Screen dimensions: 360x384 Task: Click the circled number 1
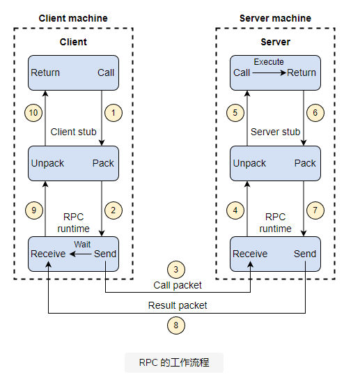tap(114, 113)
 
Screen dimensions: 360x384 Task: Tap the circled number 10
tap(33, 113)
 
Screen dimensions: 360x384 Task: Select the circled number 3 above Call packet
tap(176, 270)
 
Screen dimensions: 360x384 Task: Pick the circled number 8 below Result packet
tap(176, 325)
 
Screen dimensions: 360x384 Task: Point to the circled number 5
tap(235, 113)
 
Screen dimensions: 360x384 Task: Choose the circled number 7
tap(315, 210)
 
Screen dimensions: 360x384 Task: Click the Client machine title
tap(73, 18)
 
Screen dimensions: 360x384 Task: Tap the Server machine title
tap(275, 18)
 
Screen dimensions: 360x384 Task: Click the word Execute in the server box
tap(269, 62)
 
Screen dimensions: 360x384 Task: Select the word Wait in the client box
tap(82, 244)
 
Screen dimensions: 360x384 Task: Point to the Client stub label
tap(73, 132)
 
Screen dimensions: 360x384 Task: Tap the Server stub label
tap(275, 132)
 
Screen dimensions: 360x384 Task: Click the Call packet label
tap(178, 285)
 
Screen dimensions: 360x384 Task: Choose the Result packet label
tap(178, 305)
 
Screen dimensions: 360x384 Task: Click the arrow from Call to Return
tap(269, 72)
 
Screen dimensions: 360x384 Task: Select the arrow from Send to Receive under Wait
tap(81, 254)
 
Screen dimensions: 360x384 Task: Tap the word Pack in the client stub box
tap(103, 163)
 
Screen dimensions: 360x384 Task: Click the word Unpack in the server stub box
tap(249, 163)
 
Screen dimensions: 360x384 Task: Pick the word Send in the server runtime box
tap(305, 254)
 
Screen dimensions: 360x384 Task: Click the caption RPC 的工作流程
tap(174, 362)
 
